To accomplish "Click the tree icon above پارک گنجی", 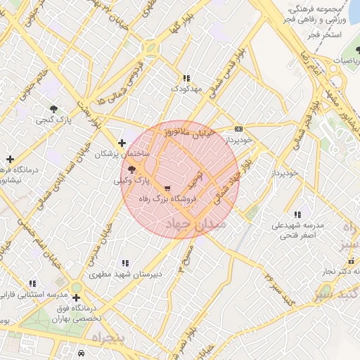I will (x=54, y=108).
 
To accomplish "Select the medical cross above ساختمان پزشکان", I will (x=122, y=143).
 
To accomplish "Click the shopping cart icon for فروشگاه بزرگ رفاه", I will (x=167, y=188).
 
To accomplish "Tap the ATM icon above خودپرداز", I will (x=239, y=129).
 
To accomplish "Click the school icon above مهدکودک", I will (x=186, y=79).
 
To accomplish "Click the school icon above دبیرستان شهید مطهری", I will (x=126, y=262).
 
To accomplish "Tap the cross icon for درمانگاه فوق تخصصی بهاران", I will (x=76, y=297).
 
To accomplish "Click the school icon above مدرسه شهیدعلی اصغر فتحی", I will (x=297, y=214).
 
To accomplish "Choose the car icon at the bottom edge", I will (x=82, y=353).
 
